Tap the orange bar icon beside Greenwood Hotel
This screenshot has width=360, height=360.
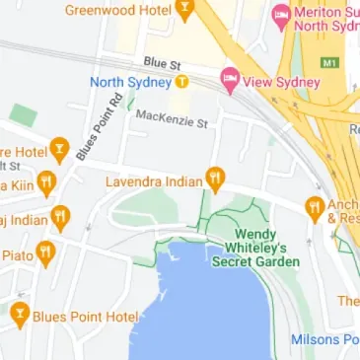click(x=183, y=10)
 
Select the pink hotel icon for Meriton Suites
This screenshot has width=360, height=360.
click(x=281, y=15)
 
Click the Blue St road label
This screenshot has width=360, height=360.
click(x=163, y=62)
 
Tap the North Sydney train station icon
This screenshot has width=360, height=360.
click(x=181, y=82)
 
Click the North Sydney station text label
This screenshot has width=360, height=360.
click(x=130, y=82)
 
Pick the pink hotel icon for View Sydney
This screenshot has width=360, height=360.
click(x=231, y=79)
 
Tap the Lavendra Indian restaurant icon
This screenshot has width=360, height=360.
click(x=215, y=179)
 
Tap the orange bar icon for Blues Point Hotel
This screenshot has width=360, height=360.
click(x=20, y=315)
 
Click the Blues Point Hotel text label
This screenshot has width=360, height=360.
click(x=86, y=317)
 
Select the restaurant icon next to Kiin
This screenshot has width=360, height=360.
click(x=46, y=183)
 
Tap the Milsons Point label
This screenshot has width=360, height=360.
click(x=324, y=339)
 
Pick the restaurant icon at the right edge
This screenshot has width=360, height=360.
click(x=315, y=207)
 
